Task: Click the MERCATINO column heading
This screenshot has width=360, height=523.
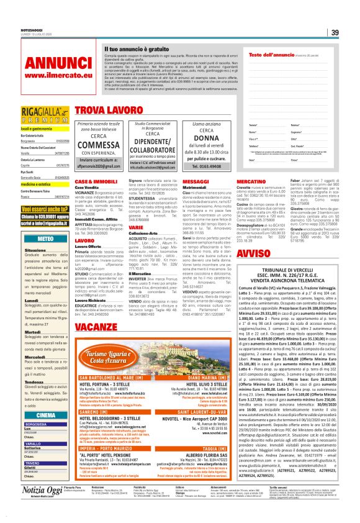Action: pos(252,180)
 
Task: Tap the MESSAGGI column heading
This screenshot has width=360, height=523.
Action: pos(196,180)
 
